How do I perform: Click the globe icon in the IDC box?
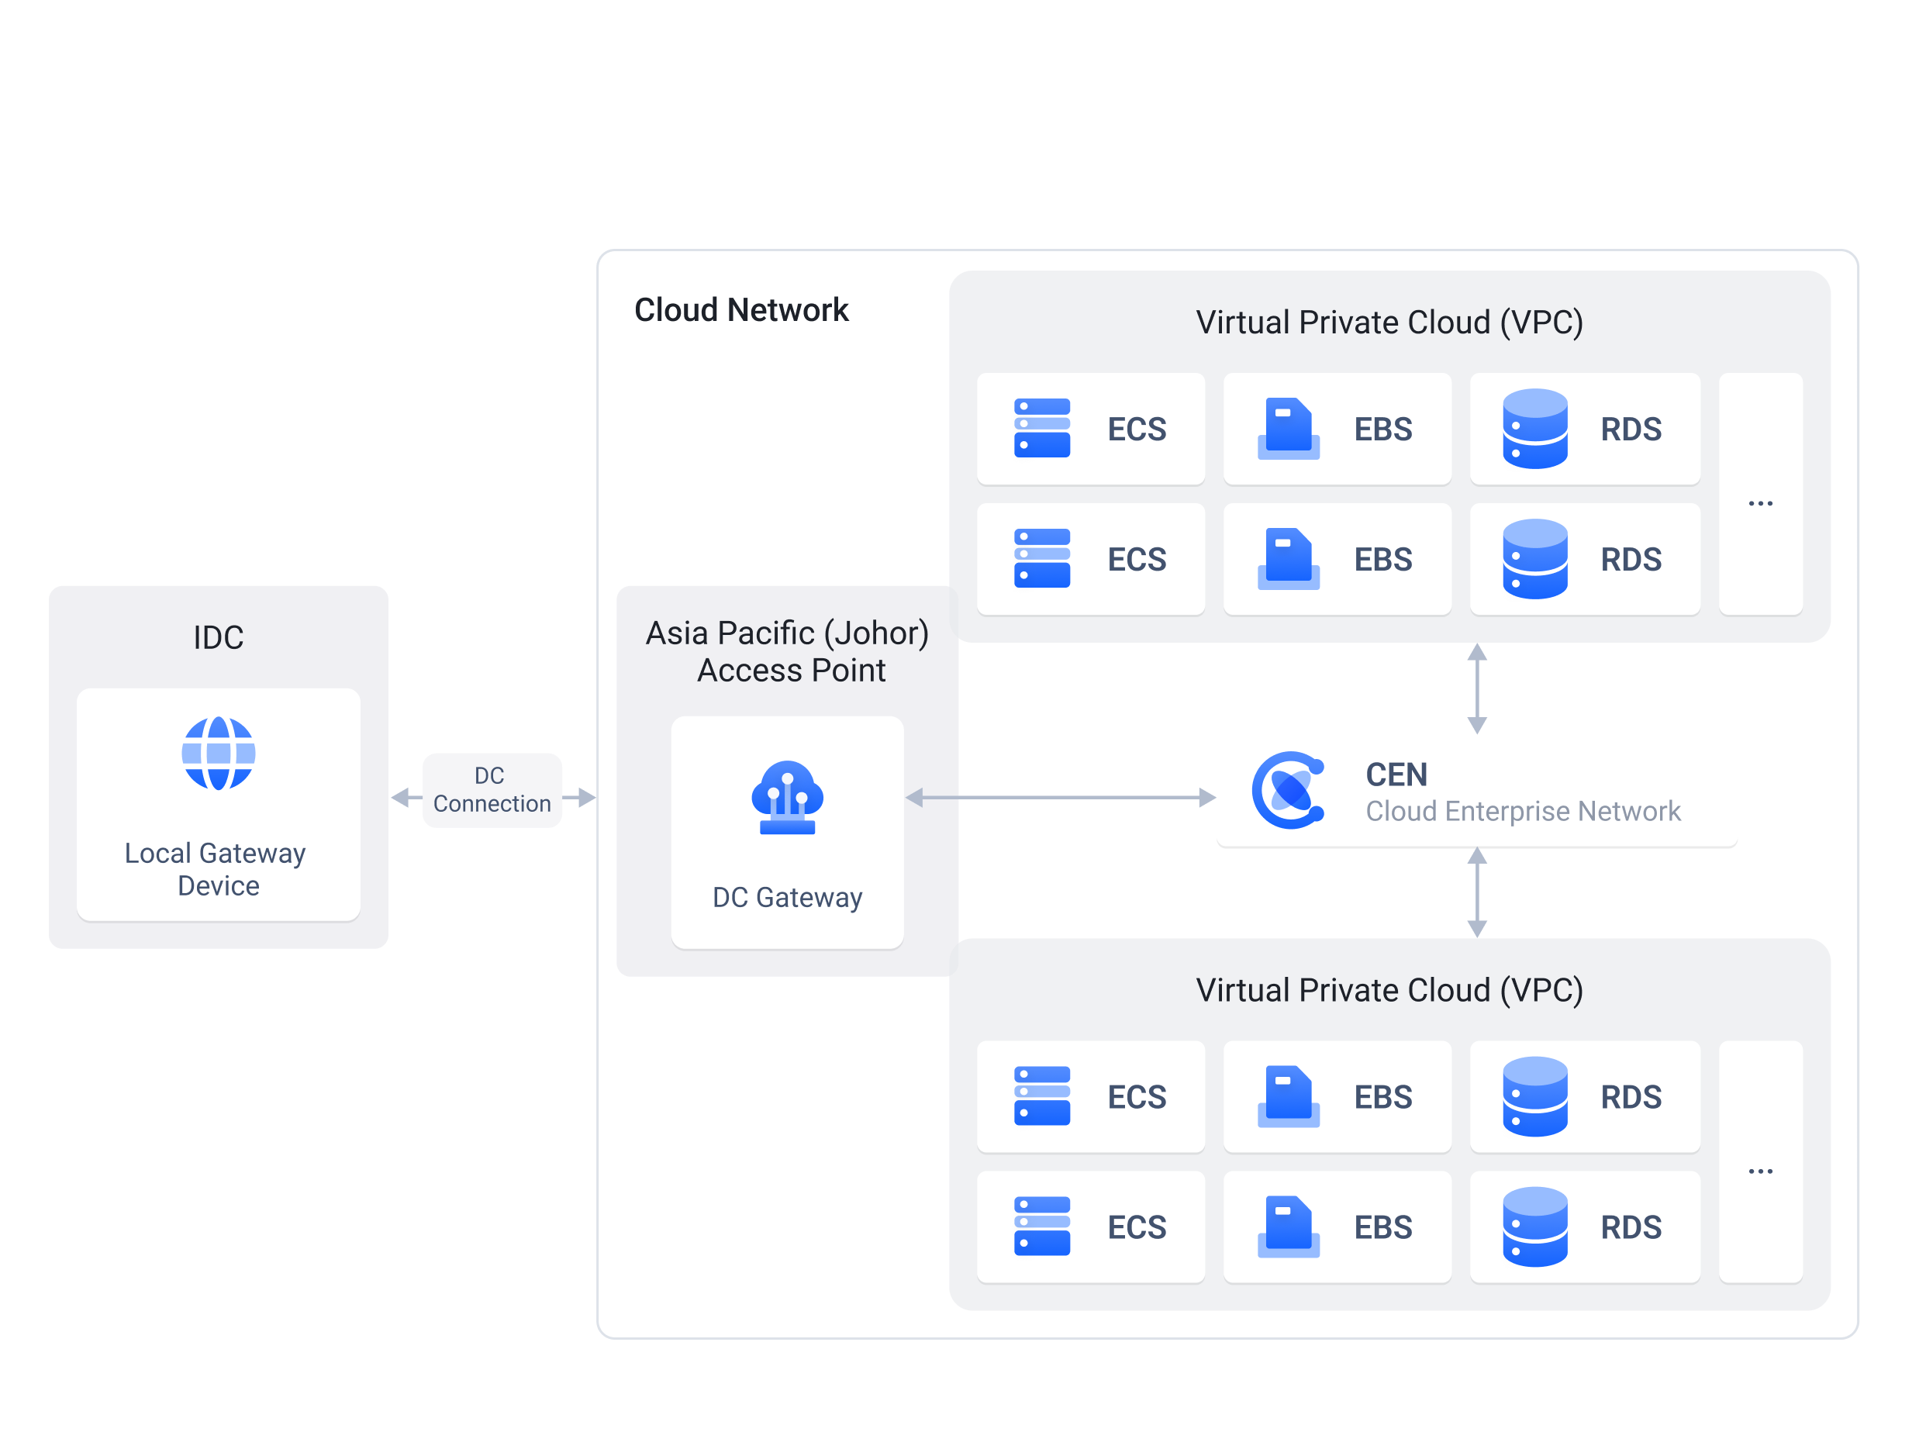click(219, 754)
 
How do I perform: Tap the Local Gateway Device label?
click(216, 869)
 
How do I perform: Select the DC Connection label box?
click(492, 790)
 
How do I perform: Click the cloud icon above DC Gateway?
click(787, 797)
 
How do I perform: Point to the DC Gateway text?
click(787, 897)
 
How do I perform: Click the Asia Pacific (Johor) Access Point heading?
click(787, 651)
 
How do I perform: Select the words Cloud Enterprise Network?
click(1522, 811)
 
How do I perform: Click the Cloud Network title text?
click(741, 310)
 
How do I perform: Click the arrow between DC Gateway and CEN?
click(1060, 797)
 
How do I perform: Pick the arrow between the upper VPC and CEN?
click(1477, 688)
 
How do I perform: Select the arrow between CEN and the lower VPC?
click(1477, 892)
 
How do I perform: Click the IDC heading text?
click(219, 637)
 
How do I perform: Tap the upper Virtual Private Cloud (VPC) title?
click(1389, 323)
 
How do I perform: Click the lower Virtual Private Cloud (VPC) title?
click(1389, 990)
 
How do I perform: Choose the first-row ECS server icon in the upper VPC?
click(1042, 429)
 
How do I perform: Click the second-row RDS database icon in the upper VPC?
click(1535, 559)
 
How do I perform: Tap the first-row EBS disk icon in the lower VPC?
click(1289, 1096)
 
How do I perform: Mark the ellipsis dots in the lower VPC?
click(1760, 1171)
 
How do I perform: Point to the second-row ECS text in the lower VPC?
click(1136, 1227)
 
